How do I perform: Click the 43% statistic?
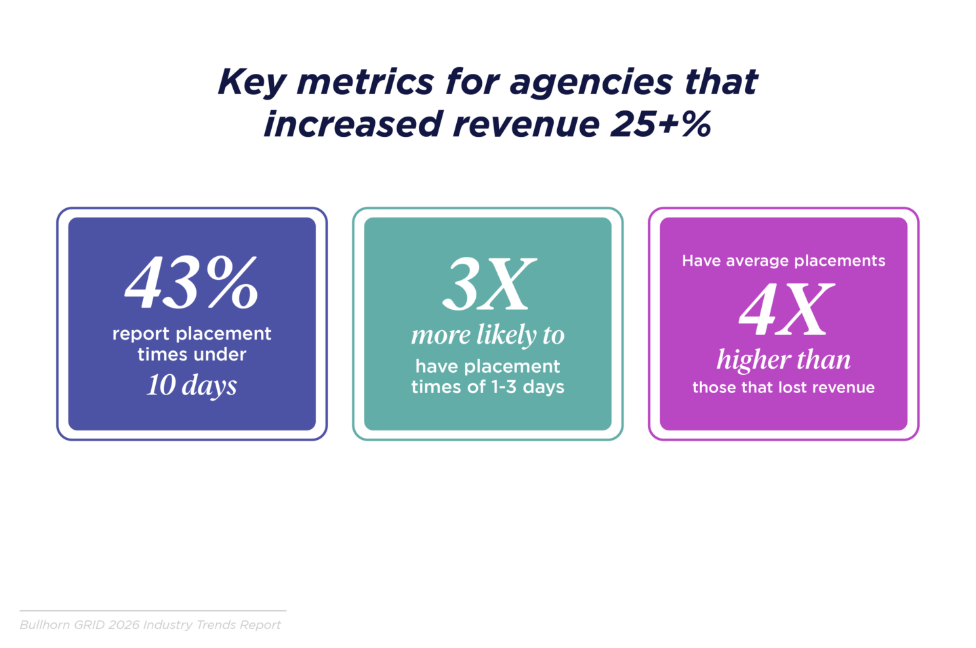tap(192, 283)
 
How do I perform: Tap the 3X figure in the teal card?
tap(488, 285)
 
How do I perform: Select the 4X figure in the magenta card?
tap(784, 310)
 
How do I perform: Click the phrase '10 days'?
tap(192, 385)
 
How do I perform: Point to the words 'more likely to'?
tap(487, 335)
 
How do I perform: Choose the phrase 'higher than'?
tap(784, 360)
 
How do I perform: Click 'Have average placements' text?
tap(784, 261)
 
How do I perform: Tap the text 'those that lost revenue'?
tap(784, 388)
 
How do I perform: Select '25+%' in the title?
tap(660, 125)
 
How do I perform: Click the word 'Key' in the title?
tap(251, 83)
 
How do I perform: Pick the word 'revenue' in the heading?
tap(526, 125)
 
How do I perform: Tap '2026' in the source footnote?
tap(125, 625)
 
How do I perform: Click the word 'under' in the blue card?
tap(220, 355)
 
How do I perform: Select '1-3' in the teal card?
tap(504, 387)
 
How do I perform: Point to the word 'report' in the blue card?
tap(139, 333)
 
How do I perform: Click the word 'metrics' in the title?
tap(365, 83)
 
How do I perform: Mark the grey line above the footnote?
tap(153, 611)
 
